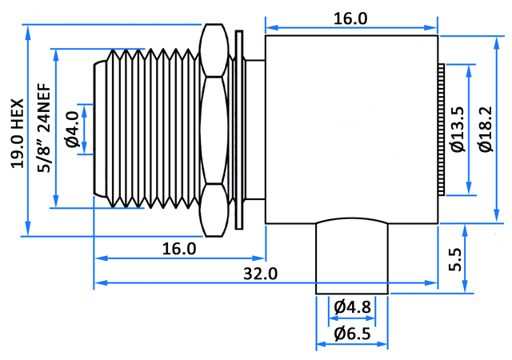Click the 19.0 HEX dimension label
coord(18,134)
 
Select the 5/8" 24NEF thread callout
coord(44,128)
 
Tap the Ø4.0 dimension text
coord(73,130)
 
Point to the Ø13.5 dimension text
coord(458,130)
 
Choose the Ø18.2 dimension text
coord(486,130)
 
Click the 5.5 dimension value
coord(455,260)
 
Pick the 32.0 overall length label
coord(260,274)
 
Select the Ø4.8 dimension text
coord(352,307)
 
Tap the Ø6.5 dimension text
coord(352,334)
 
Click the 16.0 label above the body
coord(350,18)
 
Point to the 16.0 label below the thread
coord(179,249)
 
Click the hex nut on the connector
coord(214,130)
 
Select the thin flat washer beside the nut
coord(239,130)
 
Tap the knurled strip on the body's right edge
coord(441,130)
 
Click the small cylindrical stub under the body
coord(352,256)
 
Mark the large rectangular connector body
coord(351,130)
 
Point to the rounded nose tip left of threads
coord(99,129)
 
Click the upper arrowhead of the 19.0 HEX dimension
coord(28,32)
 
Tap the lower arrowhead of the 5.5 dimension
coord(466,286)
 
